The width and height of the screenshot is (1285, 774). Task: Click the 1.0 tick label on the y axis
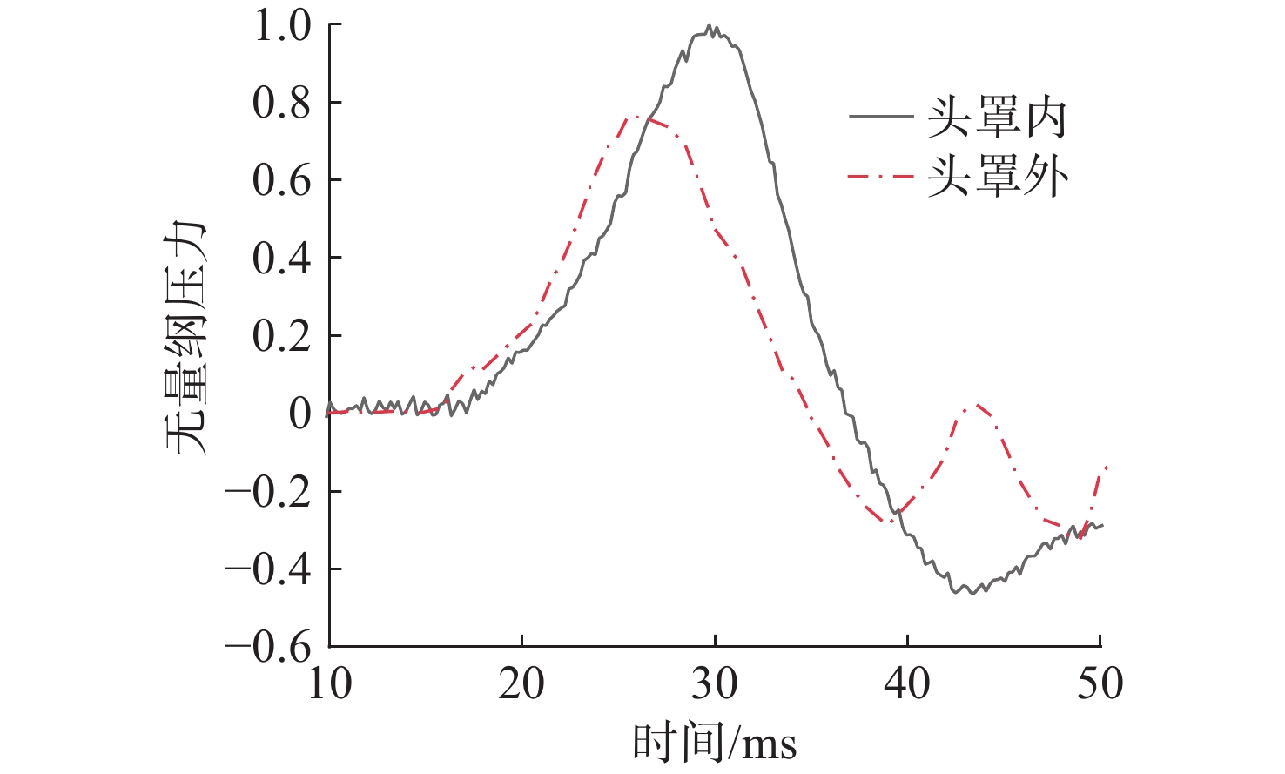coord(281,26)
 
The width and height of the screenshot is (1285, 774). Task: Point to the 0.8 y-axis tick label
coord(281,104)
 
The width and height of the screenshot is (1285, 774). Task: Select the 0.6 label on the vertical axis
coord(281,181)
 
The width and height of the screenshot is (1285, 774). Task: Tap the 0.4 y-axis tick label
coord(281,259)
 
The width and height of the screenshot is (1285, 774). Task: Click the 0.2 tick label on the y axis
coord(281,336)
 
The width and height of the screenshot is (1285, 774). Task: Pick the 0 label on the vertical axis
coord(299,414)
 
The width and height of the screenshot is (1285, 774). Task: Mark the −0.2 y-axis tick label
coord(268,492)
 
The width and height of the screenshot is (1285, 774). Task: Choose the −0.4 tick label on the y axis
coord(268,569)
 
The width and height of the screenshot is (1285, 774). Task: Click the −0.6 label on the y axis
coord(268,647)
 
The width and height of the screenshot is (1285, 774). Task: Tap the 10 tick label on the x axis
coord(330,684)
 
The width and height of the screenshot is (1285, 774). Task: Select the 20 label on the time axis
coord(521,684)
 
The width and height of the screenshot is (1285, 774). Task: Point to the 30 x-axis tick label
coord(714,684)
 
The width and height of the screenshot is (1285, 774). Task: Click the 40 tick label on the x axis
coord(907,684)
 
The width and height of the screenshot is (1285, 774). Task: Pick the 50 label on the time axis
coord(1100,684)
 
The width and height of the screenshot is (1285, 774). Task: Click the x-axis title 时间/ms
coord(714,743)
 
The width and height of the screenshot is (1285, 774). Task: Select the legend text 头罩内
coord(997,118)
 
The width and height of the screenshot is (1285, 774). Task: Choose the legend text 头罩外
coord(997,177)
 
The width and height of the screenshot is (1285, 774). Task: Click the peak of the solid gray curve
coord(710,26)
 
